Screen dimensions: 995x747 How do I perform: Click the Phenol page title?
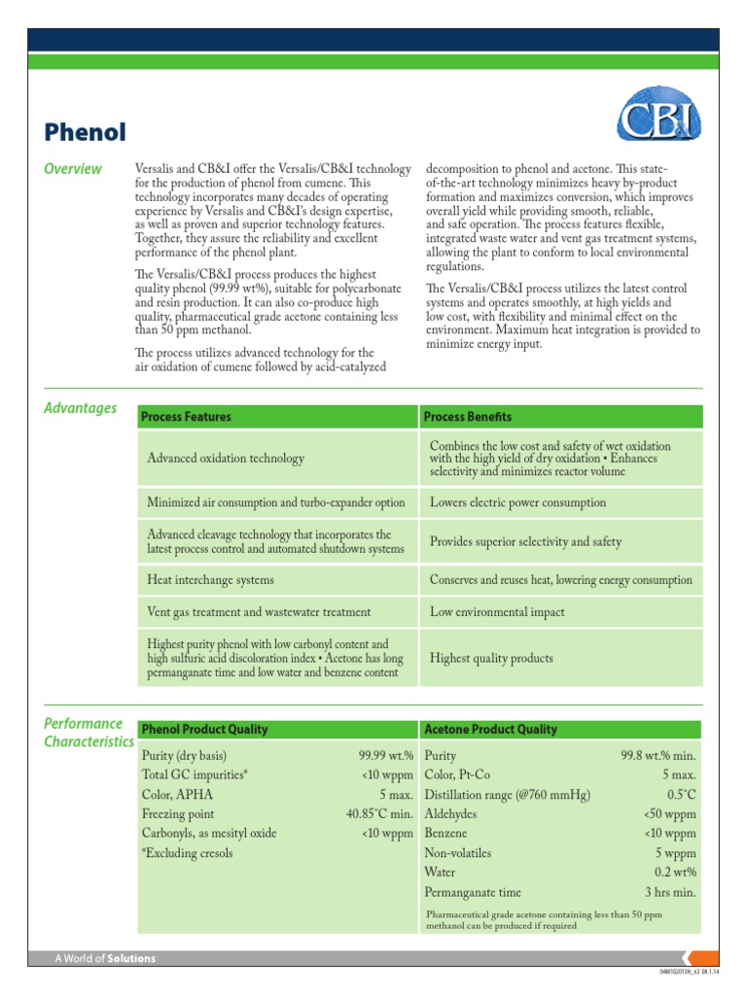(86, 130)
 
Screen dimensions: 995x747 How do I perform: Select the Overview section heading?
(73, 169)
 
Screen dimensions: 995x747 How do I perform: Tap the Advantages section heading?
(81, 408)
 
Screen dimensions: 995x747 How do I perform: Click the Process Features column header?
(187, 417)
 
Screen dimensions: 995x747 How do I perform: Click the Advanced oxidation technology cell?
(226, 458)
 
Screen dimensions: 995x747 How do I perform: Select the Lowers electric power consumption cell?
(517, 502)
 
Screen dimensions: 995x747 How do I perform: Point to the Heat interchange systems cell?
(210, 580)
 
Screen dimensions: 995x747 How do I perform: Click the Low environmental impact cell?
(497, 612)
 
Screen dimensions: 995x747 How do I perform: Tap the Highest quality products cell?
(491, 658)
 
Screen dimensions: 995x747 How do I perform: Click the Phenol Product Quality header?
(205, 729)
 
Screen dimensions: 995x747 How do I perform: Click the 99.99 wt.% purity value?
(386, 755)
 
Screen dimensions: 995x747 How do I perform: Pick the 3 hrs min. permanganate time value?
(670, 892)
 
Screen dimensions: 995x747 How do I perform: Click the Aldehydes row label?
(453, 813)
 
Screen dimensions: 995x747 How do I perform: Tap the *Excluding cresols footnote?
(188, 853)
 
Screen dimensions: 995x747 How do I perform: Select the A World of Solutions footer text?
(105, 958)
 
